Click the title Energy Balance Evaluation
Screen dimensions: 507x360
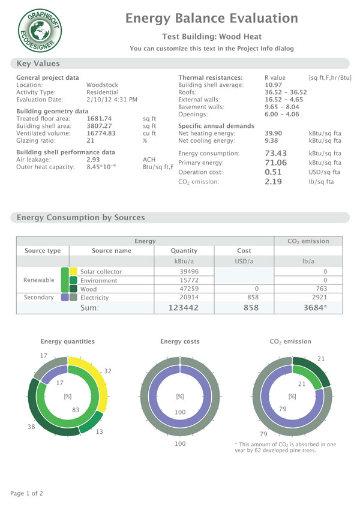pos(211,19)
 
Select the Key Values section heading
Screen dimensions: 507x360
pos(38,63)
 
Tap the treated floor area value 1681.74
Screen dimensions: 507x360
pos(100,119)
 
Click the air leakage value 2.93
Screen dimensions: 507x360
pos(93,160)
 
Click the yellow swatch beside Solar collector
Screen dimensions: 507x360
pos(73,272)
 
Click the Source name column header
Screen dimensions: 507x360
pos(111,250)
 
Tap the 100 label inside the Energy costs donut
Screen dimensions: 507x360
pos(179,413)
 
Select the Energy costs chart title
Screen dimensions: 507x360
pos(179,341)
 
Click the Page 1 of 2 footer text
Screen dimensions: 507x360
pos(27,493)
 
